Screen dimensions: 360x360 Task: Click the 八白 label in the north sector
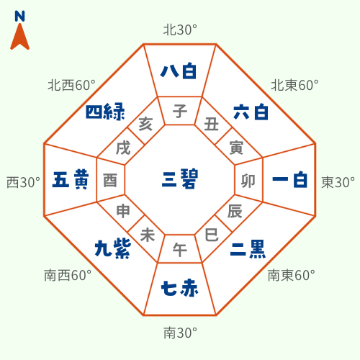[179, 71]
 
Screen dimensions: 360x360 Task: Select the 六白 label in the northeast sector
[251, 112]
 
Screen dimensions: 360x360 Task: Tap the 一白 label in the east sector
[290, 179]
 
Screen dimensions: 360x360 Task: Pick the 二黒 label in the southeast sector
[248, 249]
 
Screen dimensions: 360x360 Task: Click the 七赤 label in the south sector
[179, 288]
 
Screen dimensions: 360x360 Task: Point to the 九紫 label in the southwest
[113, 248]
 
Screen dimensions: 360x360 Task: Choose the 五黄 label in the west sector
[71, 179]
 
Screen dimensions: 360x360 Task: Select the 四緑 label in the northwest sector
[105, 112]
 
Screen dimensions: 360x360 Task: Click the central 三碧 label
[180, 179]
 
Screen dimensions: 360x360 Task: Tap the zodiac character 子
[180, 111]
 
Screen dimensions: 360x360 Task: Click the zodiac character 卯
[248, 181]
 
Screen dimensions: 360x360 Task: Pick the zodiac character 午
[180, 250]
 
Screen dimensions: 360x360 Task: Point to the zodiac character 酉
[110, 181]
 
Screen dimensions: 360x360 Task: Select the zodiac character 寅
[236, 148]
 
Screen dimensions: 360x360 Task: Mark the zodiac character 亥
[145, 124]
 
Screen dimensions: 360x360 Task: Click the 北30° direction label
[180, 30]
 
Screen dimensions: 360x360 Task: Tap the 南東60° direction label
[292, 275]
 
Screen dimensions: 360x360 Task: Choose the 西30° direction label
[23, 182]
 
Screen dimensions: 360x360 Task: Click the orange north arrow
[19, 37]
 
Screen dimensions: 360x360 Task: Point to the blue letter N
[19, 16]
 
